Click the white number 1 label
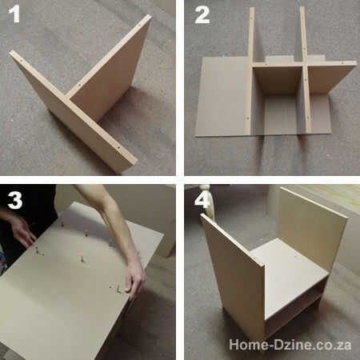tap(14, 14)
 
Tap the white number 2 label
tap(202, 15)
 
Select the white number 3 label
tap(15, 200)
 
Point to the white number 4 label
tap(202, 200)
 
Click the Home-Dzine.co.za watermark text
tap(290, 345)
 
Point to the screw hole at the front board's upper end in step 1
tap(21, 61)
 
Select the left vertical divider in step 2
tap(250, 70)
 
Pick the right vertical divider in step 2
tap(306, 70)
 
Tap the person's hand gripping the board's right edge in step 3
tap(135, 278)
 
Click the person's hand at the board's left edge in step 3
tap(22, 231)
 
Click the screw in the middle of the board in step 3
tap(82, 258)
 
